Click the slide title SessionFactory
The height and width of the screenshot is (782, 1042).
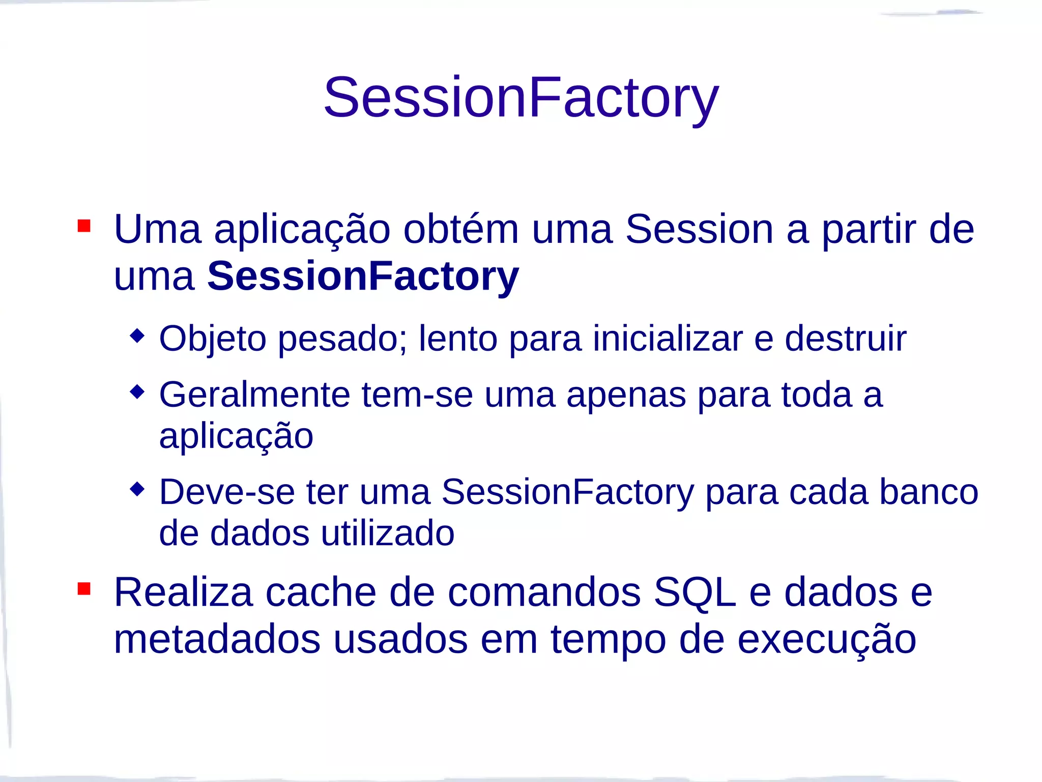click(x=521, y=98)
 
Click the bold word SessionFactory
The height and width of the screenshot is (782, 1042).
click(x=363, y=276)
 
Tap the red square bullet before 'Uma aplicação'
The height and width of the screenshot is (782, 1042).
click(x=84, y=226)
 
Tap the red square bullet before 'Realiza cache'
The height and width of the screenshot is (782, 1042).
click(x=84, y=589)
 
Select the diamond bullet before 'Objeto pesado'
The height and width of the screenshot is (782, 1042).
click(x=137, y=336)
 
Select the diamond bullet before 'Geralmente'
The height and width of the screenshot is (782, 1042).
click(x=137, y=392)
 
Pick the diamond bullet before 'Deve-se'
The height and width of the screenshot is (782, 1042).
click(x=137, y=489)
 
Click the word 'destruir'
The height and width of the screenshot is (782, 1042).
click(x=845, y=339)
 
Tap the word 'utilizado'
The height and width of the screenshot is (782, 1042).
click(x=387, y=534)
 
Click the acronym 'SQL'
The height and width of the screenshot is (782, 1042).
click(x=694, y=593)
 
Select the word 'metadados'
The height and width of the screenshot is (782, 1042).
click(x=217, y=639)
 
